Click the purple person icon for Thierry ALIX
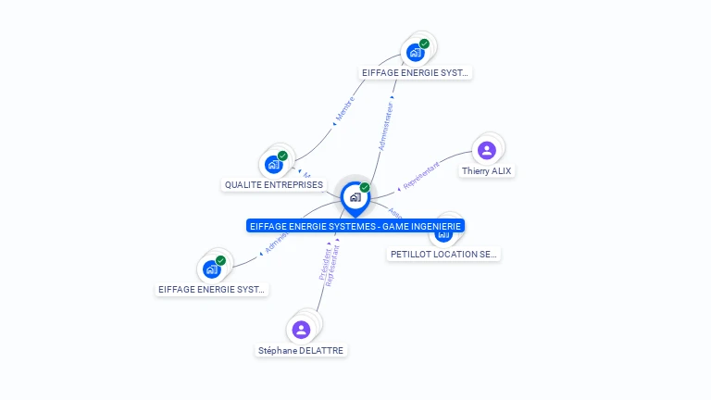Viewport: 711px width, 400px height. click(x=487, y=150)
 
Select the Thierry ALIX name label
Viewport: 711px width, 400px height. click(x=486, y=171)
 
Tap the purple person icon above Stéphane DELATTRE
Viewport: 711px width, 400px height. click(x=301, y=330)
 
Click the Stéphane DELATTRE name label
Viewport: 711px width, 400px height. click(x=302, y=351)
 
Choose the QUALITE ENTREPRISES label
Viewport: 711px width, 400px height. click(x=273, y=185)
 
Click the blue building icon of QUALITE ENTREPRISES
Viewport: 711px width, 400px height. click(x=273, y=165)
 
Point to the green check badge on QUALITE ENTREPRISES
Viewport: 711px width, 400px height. click(x=282, y=156)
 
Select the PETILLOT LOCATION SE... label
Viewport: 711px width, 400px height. click(x=443, y=255)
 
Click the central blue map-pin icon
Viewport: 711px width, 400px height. click(x=355, y=197)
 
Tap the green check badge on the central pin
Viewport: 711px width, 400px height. click(x=365, y=188)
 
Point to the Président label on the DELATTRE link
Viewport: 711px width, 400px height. click(x=324, y=264)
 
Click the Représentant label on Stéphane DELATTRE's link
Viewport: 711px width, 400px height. click(x=333, y=268)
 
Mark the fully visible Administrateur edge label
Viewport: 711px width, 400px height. click(x=386, y=127)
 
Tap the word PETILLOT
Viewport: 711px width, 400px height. click(x=410, y=255)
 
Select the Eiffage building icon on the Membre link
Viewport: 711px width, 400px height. click(x=416, y=52)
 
